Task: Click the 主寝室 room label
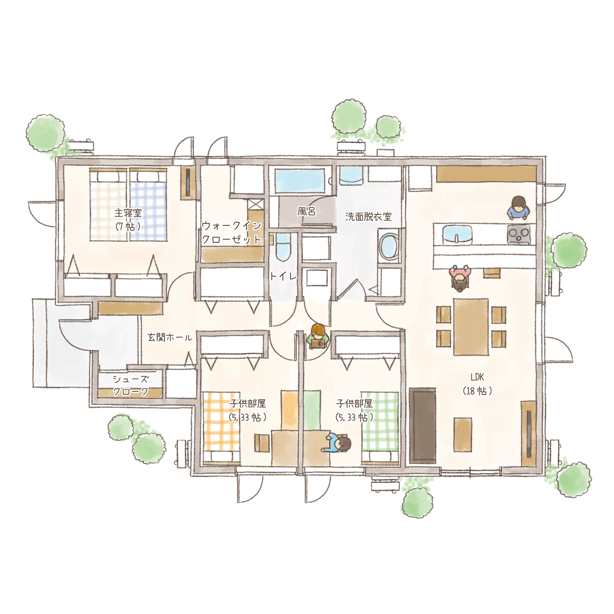click(128, 213)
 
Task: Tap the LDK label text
click(477, 377)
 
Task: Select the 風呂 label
click(306, 211)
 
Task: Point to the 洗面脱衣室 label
click(368, 217)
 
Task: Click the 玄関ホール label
click(170, 337)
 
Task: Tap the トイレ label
click(283, 276)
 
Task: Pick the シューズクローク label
click(130, 385)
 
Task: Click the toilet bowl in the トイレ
click(283, 247)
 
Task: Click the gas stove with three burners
click(518, 235)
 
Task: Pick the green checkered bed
click(380, 429)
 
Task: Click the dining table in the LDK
click(471, 327)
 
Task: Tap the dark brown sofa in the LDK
click(422, 426)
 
